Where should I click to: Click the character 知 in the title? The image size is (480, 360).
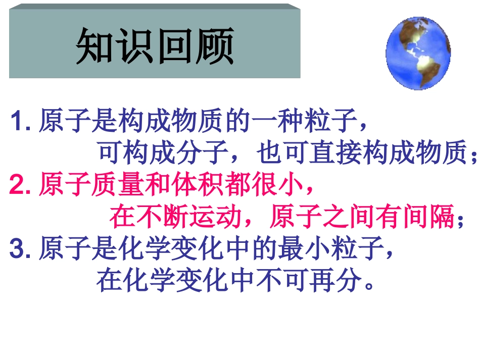click(95, 46)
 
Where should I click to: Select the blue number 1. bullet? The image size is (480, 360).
click(21, 122)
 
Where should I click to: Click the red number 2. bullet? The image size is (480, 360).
click(21, 186)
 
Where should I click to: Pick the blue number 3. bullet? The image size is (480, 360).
click(21, 249)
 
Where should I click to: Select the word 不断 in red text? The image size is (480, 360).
click(162, 218)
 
